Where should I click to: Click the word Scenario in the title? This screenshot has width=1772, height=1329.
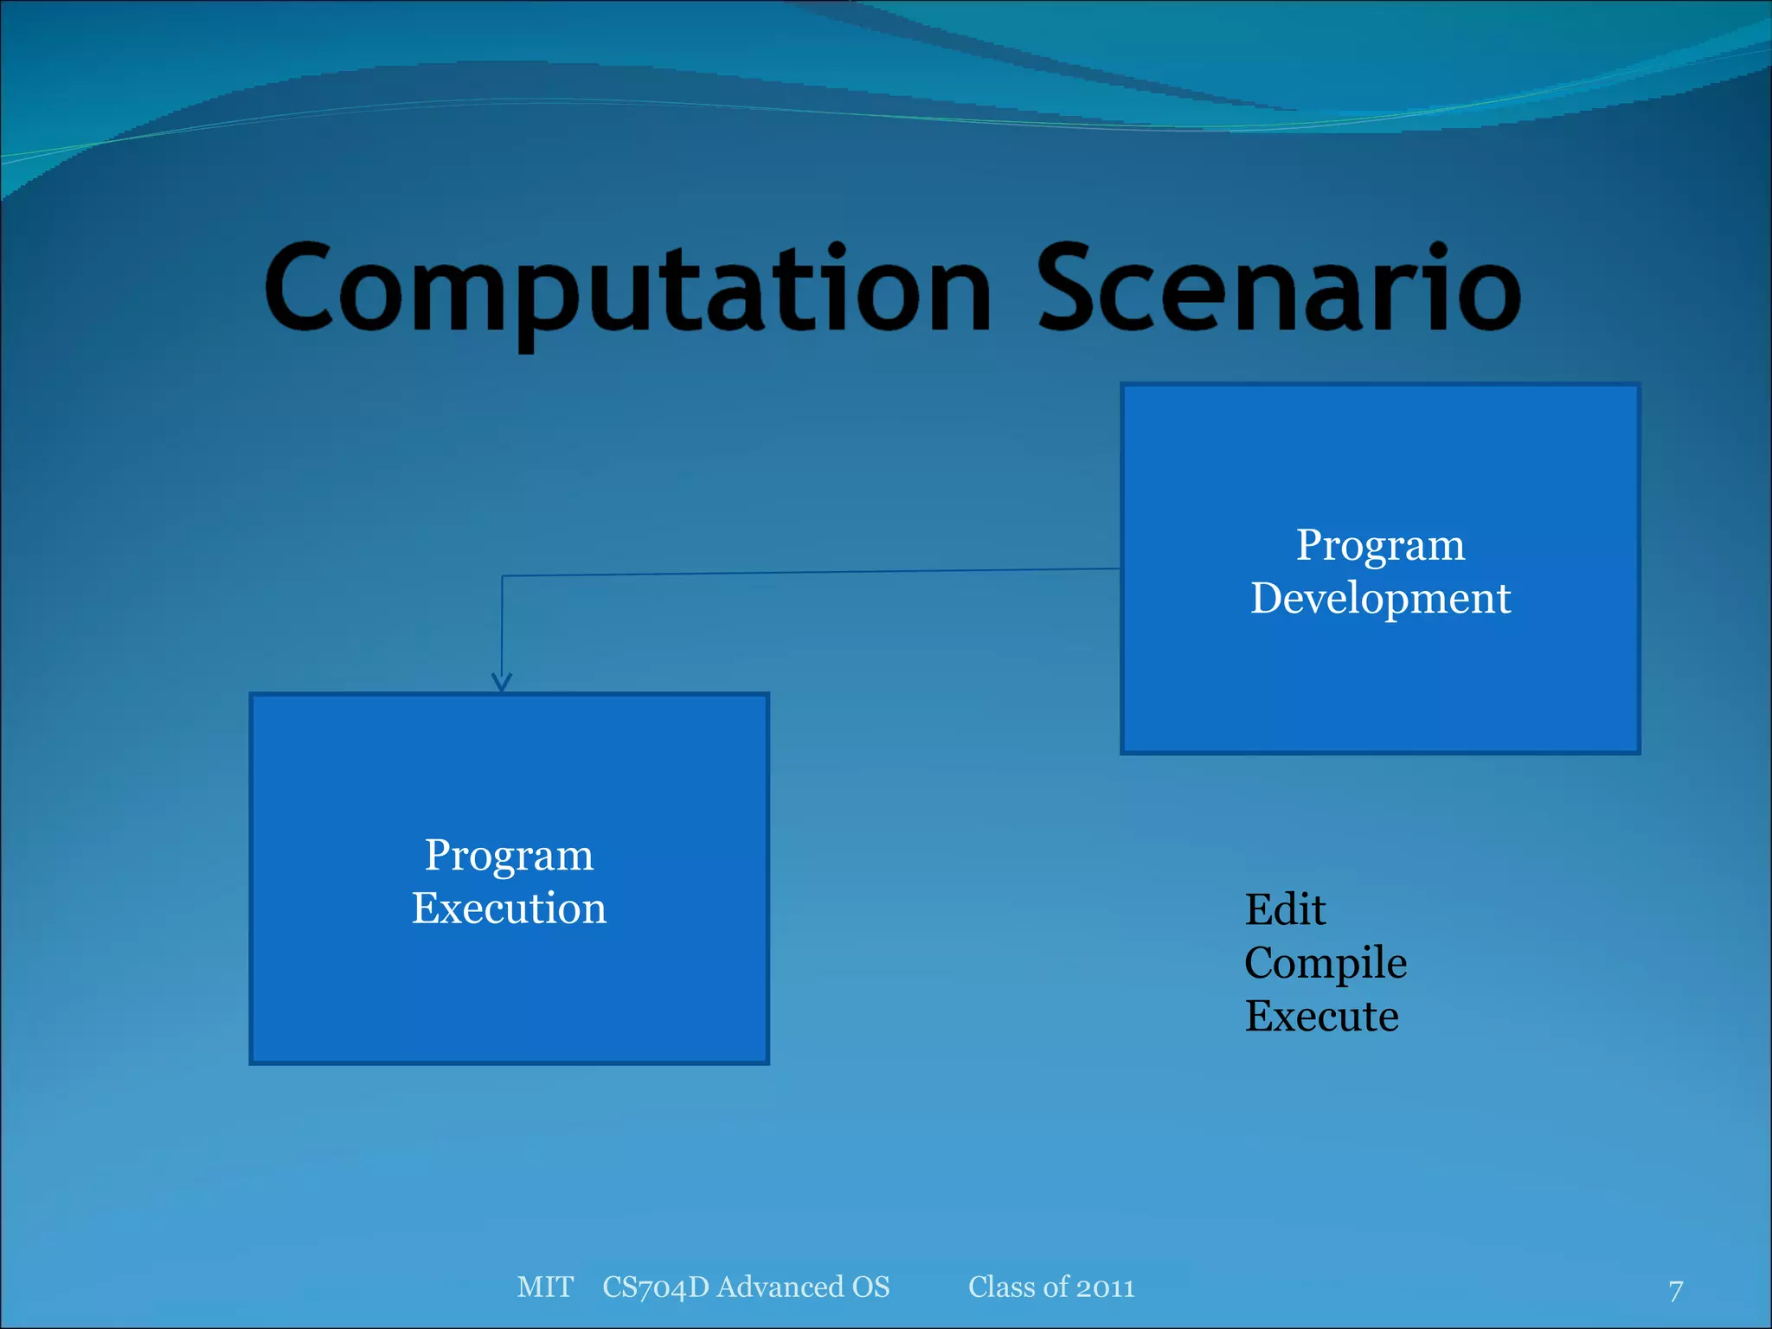tap(1278, 290)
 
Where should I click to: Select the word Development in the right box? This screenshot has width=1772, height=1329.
tap(1380, 599)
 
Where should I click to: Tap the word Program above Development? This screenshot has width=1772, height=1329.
tap(1380, 545)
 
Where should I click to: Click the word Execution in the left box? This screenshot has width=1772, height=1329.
tap(509, 908)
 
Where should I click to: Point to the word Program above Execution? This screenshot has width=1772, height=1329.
tap(509, 855)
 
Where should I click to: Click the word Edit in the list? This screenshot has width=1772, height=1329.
tap(1285, 910)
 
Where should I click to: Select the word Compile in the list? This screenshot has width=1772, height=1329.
tap(1325, 963)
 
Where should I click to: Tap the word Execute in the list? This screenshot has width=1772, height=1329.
tap(1321, 1016)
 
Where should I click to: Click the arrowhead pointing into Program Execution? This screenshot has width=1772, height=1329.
tap(502, 683)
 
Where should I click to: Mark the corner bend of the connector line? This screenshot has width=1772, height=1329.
tap(503, 576)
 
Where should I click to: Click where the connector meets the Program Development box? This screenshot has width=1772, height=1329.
tap(1120, 568)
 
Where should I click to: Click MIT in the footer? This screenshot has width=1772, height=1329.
tap(545, 1287)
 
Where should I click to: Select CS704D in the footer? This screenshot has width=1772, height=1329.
tap(656, 1287)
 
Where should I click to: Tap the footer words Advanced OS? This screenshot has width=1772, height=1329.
tap(803, 1287)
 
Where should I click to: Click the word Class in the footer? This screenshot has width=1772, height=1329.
tap(999, 1287)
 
